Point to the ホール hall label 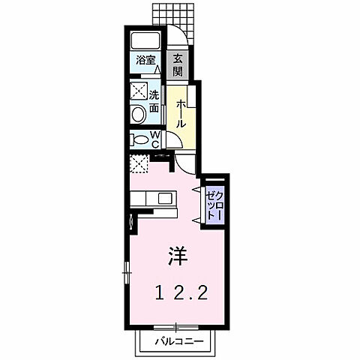180,113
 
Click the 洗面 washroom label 154,102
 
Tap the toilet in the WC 138,139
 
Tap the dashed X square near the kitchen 139,164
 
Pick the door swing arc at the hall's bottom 174,142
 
